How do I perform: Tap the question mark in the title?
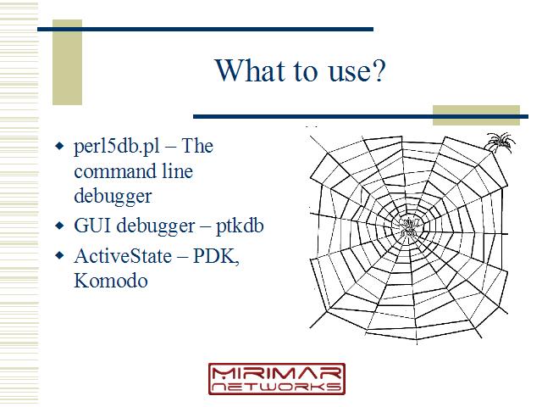[x=379, y=70]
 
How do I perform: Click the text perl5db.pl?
[x=117, y=147]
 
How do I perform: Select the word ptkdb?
[x=240, y=226]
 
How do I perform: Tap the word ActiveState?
[x=123, y=256]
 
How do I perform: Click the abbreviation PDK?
[x=216, y=256]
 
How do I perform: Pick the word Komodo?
[x=111, y=281]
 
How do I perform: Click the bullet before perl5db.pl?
[x=59, y=146]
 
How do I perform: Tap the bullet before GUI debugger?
[x=59, y=226]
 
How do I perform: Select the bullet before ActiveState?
[x=59, y=256]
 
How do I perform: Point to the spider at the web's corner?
[x=501, y=142]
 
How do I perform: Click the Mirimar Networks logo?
[x=277, y=379]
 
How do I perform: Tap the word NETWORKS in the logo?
[x=277, y=387]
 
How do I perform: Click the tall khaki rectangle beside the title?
[x=67, y=62]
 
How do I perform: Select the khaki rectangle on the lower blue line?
[x=476, y=115]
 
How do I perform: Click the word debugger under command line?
[x=113, y=196]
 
